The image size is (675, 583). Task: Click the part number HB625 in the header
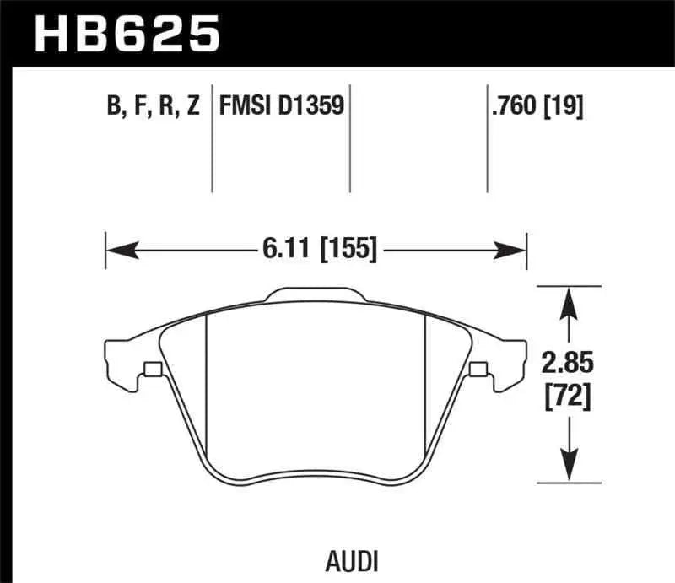127,34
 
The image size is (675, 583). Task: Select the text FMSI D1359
280,107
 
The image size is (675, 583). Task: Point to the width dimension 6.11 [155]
316,250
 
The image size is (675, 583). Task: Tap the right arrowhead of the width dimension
512,250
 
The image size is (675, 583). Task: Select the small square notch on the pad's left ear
153,369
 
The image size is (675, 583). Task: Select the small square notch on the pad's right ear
478,369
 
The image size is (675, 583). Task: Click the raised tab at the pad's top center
315,295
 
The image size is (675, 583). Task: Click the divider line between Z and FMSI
211,139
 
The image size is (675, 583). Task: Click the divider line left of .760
487,139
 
